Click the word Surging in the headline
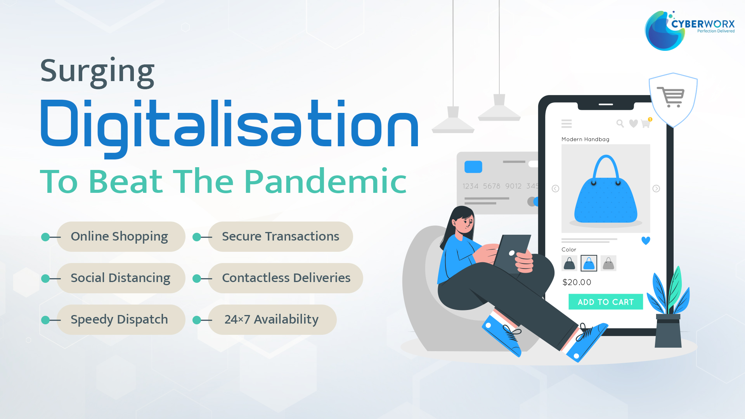97,72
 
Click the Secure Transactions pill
280,237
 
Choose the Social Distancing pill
121,278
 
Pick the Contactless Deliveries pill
286,278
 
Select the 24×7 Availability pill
272,320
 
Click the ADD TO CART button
606,302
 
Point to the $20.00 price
577,282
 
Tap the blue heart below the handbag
646,241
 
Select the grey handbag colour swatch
608,263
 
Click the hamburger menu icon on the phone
567,124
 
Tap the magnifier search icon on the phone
620,123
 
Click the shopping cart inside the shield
671,97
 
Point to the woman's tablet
511,254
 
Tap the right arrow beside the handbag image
656,189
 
